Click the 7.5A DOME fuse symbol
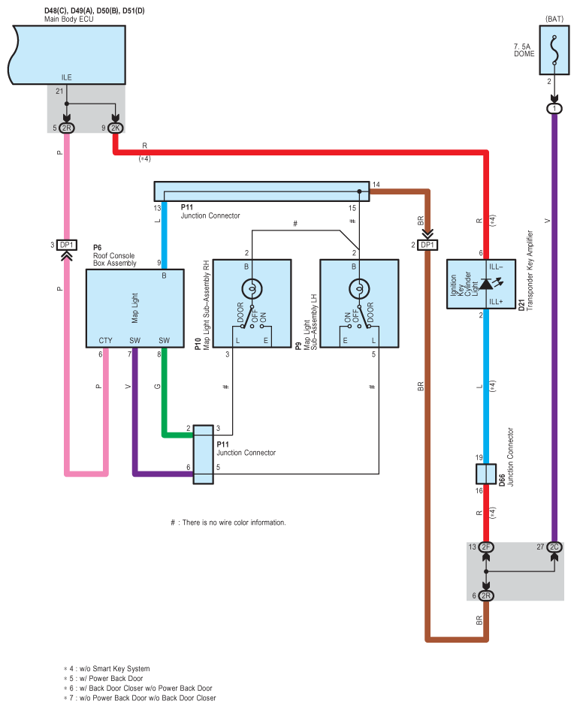coord(554,50)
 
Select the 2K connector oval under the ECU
coord(115,128)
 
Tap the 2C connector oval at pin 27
coord(554,547)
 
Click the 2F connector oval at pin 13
coord(486,547)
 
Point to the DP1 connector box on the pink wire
coord(66,245)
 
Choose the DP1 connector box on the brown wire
coord(427,245)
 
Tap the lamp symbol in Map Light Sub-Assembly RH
coord(252,288)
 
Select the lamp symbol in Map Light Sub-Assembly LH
coord(359,288)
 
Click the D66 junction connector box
coord(486,474)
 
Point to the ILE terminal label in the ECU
coord(66,77)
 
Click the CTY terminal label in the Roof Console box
coord(105,340)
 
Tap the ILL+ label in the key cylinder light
coord(496,301)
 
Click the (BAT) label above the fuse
coord(554,19)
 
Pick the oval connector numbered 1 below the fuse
coord(554,109)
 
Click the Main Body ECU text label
coord(68,19)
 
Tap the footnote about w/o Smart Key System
coord(107,669)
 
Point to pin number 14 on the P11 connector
coord(376,184)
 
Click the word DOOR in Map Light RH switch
coord(240,312)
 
